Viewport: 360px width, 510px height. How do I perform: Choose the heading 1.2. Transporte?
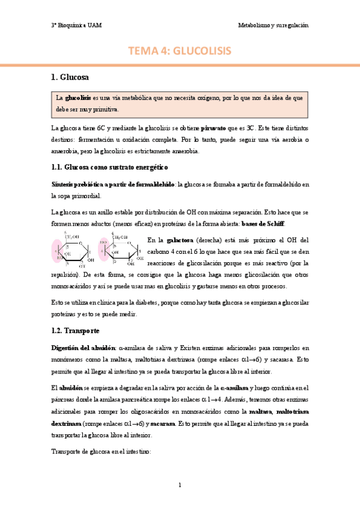(x=75, y=331)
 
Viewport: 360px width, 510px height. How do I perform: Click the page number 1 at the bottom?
(x=180, y=485)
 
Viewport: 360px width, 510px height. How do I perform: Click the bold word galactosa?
(x=179, y=240)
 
